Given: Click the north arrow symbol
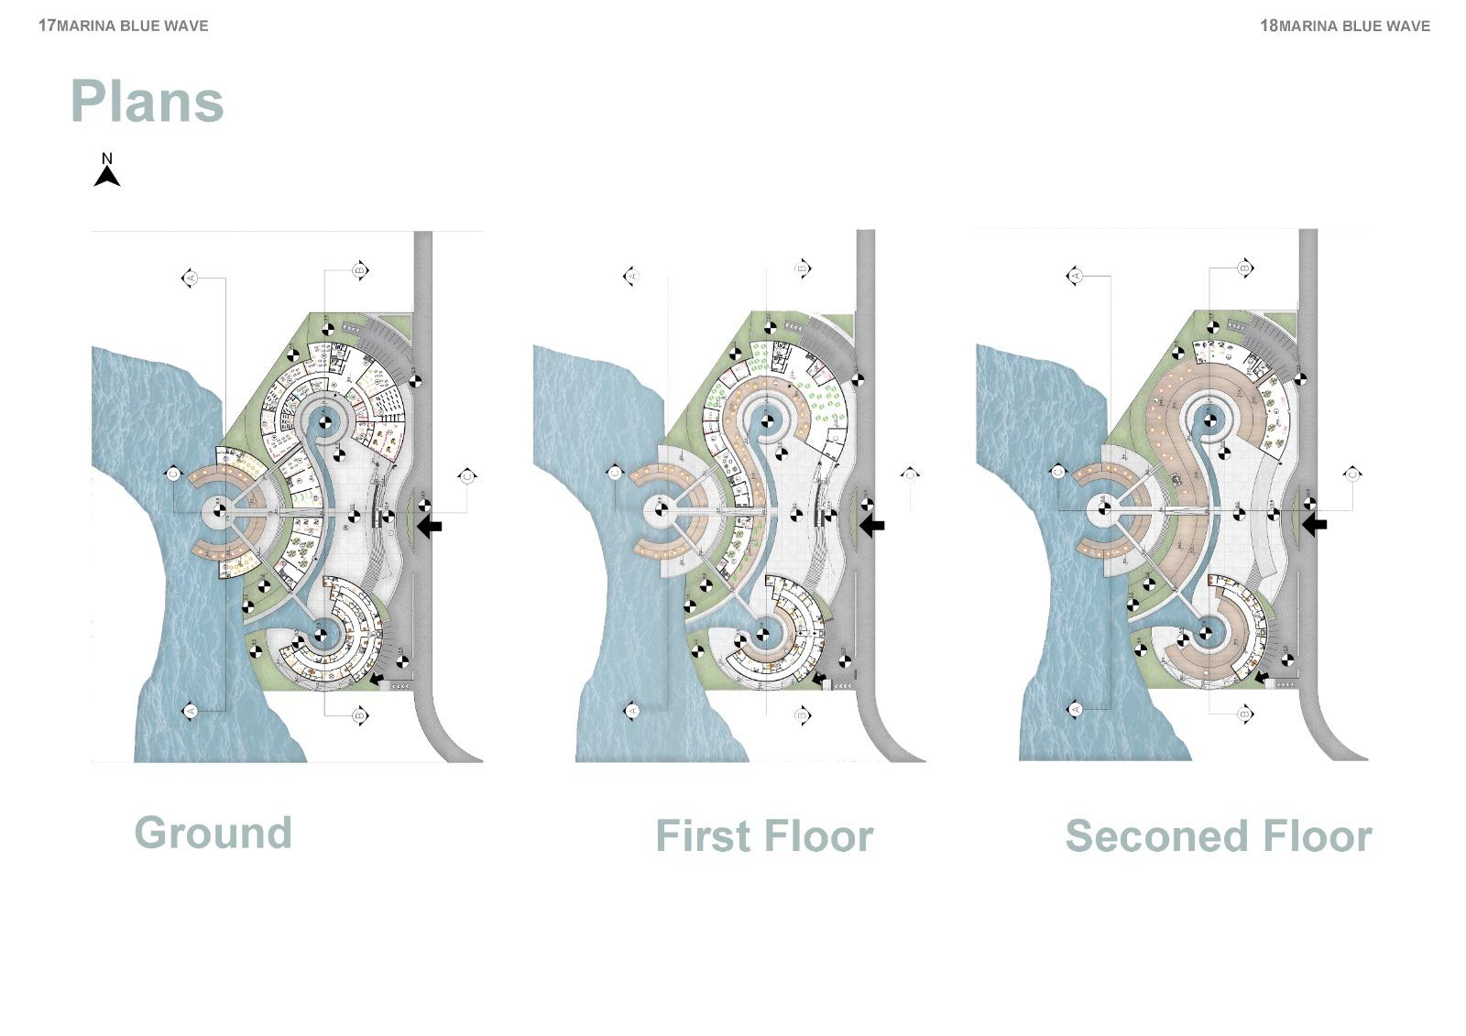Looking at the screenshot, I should tap(107, 173).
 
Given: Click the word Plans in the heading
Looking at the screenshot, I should tap(147, 101).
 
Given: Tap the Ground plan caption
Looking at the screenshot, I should tap(213, 833).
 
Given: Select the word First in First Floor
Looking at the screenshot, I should tap(703, 836).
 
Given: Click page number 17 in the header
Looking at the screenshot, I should tap(47, 26).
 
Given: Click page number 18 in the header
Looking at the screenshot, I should tap(1268, 26).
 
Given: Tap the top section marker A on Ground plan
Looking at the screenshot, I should tap(191, 278).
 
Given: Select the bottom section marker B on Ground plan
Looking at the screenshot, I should tap(360, 714).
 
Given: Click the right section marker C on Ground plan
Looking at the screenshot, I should tap(467, 476).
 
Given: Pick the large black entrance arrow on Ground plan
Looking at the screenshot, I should tap(429, 526).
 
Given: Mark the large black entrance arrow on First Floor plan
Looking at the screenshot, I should tap(871, 526).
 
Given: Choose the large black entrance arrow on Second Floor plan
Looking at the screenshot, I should tap(1315, 525).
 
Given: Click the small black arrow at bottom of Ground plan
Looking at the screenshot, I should tap(377, 678).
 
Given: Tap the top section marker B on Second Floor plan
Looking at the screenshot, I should tap(1244, 268).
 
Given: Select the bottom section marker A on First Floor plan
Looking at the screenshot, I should tap(631, 711).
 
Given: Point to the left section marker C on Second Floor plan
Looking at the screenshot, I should tap(1057, 472).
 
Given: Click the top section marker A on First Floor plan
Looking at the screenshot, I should tap(631, 276).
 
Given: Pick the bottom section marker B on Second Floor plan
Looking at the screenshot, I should tap(1244, 714).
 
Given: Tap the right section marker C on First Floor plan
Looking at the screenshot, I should tap(910, 474).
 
